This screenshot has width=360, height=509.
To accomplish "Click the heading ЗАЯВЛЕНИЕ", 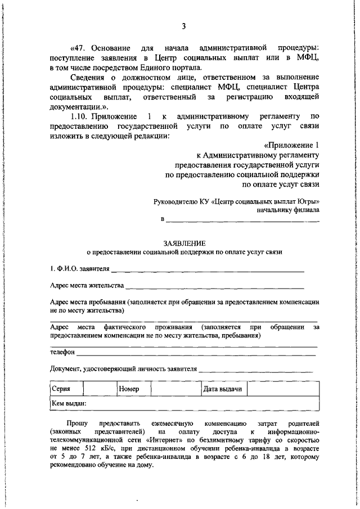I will click(185, 243).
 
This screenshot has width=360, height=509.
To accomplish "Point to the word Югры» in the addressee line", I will click(308, 201).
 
